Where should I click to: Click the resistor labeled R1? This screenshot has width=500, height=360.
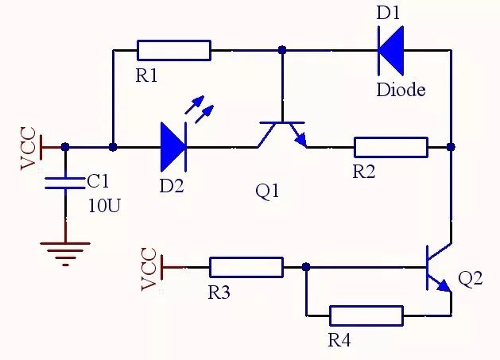(x=174, y=50)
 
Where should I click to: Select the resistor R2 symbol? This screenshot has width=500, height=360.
(x=390, y=147)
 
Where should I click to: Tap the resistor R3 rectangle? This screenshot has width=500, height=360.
(x=246, y=267)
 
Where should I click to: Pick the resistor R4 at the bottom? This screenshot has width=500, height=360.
(x=366, y=315)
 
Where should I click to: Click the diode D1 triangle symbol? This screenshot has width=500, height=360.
(x=390, y=50)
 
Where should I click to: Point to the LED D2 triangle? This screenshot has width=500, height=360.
(x=172, y=147)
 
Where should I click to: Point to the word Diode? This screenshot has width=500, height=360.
(x=400, y=89)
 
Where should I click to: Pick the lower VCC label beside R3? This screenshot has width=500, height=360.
(x=148, y=269)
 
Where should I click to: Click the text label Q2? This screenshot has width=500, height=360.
(x=471, y=280)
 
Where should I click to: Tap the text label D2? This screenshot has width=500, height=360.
(x=170, y=186)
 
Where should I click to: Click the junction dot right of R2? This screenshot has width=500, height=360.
(x=451, y=147)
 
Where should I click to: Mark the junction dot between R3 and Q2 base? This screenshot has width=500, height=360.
(x=306, y=267)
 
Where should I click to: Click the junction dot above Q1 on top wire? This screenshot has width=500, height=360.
(x=281, y=50)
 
